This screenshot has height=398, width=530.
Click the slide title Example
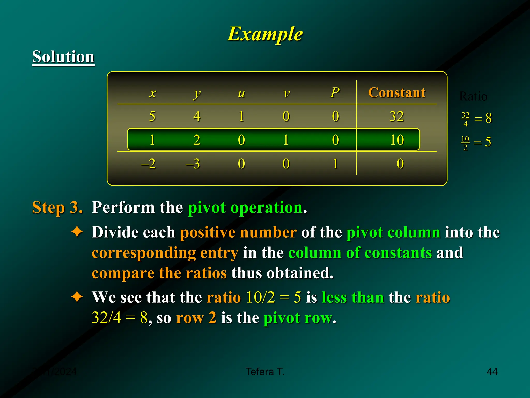click(x=265, y=34)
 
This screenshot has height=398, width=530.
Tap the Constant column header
click(x=397, y=93)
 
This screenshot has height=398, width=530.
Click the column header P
click(x=335, y=93)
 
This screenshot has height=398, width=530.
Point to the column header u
click(x=241, y=93)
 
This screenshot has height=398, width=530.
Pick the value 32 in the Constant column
click(x=397, y=116)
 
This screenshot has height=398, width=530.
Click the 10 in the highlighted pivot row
click(x=397, y=140)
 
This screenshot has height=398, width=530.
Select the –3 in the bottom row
click(x=193, y=164)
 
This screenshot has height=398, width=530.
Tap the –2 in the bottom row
click(x=148, y=164)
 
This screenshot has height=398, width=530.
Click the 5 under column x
click(x=152, y=116)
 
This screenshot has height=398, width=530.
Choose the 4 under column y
click(x=197, y=116)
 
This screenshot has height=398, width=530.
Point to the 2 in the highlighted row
click(x=197, y=140)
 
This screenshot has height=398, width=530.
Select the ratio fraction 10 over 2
click(x=465, y=143)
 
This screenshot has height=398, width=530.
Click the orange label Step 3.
click(x=57, y=208)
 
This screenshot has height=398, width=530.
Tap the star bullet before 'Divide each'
click(x=77, y=232)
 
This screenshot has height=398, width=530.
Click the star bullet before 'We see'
click(x=77, y=297)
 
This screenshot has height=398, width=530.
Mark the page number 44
click(x=492, y=372)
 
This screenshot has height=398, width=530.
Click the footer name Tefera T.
click(x=265, y=372)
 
